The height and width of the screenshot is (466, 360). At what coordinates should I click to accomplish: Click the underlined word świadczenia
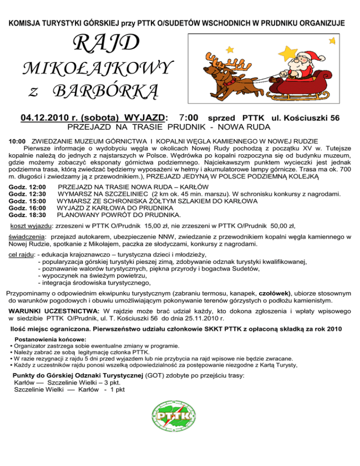click(x=27, y=238)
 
